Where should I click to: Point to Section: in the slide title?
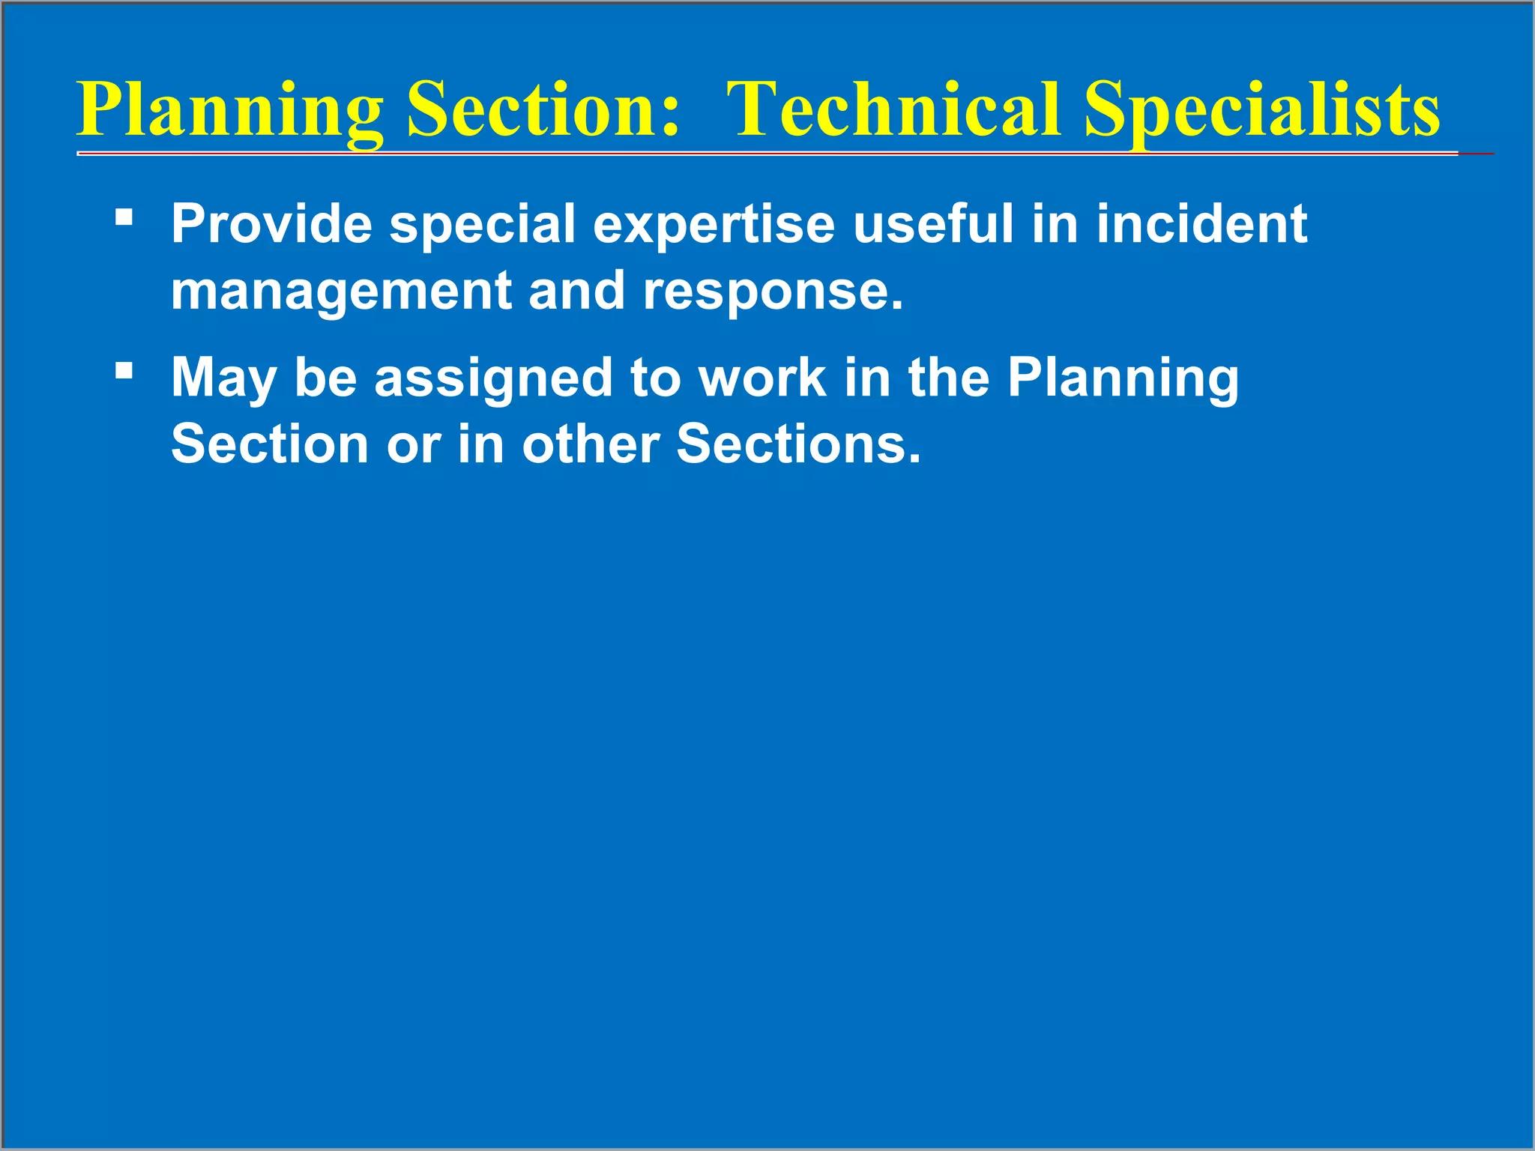click(x=543, y=110)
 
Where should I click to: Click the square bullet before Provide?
click(x=124, y=217)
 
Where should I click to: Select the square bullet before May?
click(x=124, y=370)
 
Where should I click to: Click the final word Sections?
click(x=798, y=444)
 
